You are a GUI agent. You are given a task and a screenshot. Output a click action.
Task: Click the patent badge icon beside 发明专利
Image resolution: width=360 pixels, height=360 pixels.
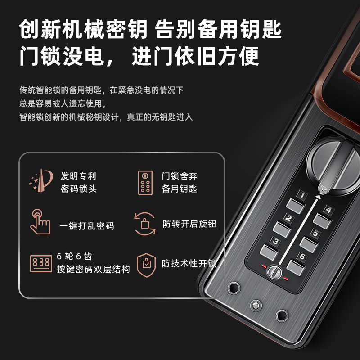[41, 181]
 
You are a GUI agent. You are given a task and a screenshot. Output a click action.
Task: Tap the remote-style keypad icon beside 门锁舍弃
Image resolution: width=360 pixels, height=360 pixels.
[145, 182]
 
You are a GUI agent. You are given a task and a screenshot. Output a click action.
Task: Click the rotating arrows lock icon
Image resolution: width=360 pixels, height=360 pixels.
[145, 223]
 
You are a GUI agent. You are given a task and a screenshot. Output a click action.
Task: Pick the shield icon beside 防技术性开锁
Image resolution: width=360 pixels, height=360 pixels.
[146, 263]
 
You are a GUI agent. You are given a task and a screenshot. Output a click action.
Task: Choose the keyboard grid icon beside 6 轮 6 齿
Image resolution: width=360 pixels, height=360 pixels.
[41, 263]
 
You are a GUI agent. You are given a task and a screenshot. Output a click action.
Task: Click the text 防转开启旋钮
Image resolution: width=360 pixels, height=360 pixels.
[189, 224]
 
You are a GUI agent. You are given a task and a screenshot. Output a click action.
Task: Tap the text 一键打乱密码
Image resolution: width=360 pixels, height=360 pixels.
[87, 225]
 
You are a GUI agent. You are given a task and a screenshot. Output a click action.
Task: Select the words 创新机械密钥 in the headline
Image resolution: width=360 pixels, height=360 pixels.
[83, 31]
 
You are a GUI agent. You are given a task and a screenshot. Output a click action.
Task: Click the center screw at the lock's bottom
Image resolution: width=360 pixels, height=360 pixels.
[256, 306]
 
